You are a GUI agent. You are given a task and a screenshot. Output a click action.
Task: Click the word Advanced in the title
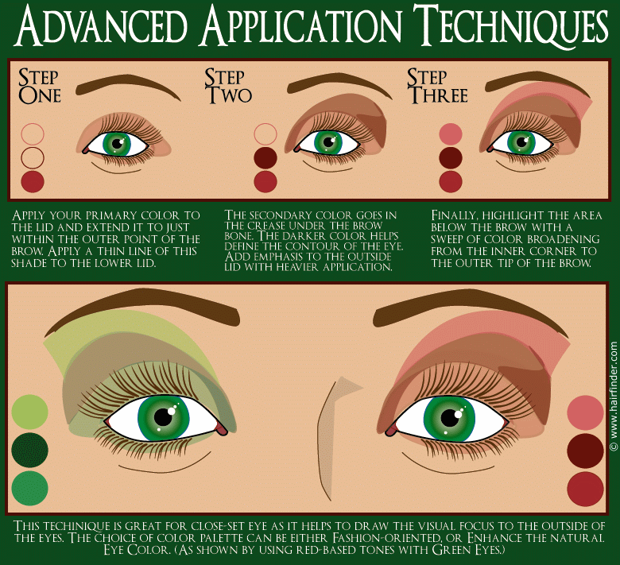(103, 28)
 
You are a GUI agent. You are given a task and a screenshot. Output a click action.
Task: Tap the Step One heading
(39, 86)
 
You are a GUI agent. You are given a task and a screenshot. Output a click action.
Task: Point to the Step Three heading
(436, 86)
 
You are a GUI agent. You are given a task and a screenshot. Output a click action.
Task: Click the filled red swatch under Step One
(33, 181)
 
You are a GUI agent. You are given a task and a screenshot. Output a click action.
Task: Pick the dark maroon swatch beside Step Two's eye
(265, 157)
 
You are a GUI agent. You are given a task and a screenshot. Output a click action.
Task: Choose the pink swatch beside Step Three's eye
(451, 134)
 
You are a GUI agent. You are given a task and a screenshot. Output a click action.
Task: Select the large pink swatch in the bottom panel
(586, 412)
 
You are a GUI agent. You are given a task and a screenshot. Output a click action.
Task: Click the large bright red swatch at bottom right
(586, 489)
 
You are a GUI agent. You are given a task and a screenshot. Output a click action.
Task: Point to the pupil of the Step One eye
(118, 144)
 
